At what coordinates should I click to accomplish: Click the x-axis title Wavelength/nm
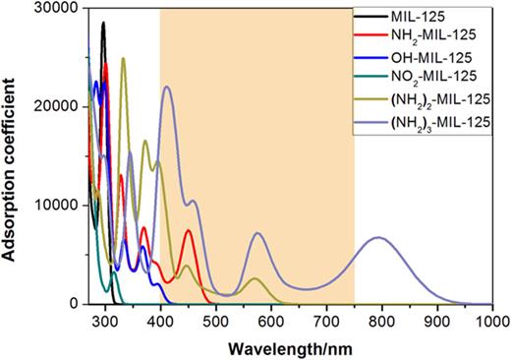[292, 347]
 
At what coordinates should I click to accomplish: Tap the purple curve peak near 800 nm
[378, 237]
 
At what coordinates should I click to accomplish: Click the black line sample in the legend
[371, 20]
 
